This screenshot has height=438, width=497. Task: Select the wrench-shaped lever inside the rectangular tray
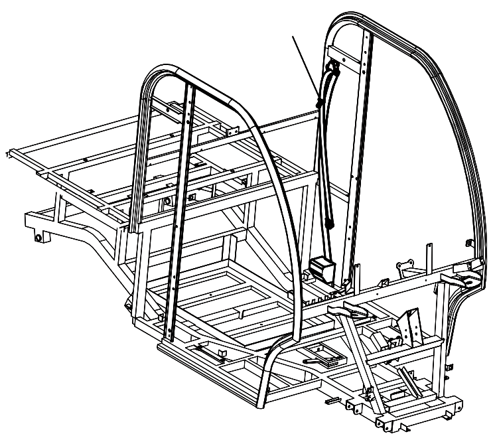tap(319, 359)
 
